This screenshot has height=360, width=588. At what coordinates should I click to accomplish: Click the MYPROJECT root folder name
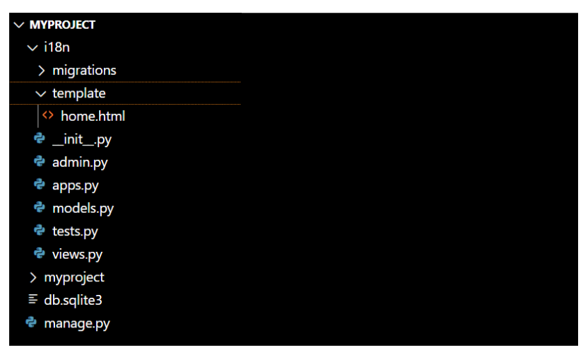coord(62,25)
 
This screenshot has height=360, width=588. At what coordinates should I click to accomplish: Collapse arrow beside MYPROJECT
coord(19,25)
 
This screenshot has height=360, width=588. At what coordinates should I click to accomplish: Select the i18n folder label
coord(57,47)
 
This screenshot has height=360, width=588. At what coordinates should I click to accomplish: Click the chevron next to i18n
coord(33,48)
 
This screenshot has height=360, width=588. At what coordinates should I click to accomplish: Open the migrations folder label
coord(84,71)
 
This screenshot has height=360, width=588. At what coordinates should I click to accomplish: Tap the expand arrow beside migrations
coord(42,71)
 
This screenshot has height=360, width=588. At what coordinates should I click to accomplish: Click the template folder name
coord(78,93)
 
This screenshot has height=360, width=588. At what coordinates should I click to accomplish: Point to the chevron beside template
coord(41,94)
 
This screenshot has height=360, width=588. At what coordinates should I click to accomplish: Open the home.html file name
coord(93,117)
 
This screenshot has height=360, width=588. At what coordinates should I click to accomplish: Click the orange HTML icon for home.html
coord(48,115)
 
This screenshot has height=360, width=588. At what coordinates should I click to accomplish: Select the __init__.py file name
coord(82,139)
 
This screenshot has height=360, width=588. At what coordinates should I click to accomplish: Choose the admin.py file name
coord(80,163)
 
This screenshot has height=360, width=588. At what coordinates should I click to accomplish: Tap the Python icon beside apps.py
coord(40,185)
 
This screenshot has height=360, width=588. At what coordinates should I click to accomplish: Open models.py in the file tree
coord(83,209)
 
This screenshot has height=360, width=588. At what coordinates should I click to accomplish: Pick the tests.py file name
coord(75,231)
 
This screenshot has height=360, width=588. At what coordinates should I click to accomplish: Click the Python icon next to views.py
coord(40,253)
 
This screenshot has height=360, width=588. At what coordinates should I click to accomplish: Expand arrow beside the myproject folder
coord(33,277)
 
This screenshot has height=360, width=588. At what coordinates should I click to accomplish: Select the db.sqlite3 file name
coord(73,301)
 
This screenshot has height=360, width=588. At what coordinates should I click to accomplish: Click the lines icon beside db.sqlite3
coord(33,299)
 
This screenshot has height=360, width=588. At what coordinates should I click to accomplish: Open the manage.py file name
coord(77,324)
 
